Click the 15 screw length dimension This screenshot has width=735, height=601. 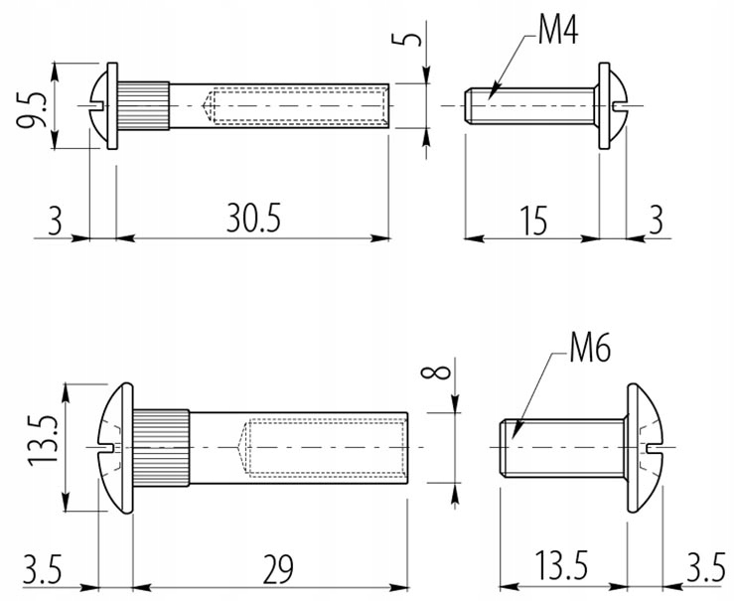click(534, 220)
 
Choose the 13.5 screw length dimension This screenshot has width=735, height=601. click(560, 567)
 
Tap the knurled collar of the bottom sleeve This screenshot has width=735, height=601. click(161, 448)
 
